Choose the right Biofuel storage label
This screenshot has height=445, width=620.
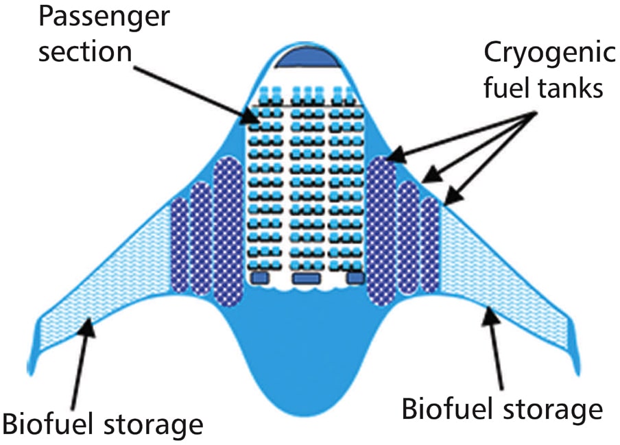(x=501, y=409)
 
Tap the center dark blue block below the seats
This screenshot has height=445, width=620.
(x=307, y=278)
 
